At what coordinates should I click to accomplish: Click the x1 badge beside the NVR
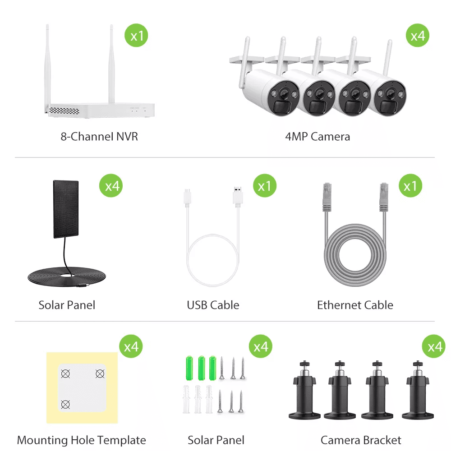click(136, 35)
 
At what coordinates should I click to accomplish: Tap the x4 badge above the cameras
click(418, 35)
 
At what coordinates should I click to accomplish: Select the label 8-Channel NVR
click(99, 137)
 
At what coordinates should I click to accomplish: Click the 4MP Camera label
click(318, 137)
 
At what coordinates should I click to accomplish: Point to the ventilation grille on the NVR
click(64, 111)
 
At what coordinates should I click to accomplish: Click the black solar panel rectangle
click(66, 209)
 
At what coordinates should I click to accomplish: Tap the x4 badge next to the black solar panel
click(111, 185)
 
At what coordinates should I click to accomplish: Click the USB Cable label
click(213, 305)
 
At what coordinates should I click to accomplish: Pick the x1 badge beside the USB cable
click(265, 185)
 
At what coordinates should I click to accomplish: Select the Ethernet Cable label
click(355, 305)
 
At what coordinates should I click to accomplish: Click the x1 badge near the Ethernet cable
click(410, 185)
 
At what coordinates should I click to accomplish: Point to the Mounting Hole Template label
click(81, 440)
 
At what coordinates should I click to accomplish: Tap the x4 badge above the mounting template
click(131, 346)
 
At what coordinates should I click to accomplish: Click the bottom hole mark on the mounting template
click(65, 405)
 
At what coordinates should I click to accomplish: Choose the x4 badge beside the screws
click(261, 346)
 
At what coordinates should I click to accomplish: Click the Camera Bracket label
click(361, 440)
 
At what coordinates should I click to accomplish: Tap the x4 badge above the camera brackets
click(434, 346)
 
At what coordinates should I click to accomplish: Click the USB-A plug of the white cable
click(238, 197)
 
